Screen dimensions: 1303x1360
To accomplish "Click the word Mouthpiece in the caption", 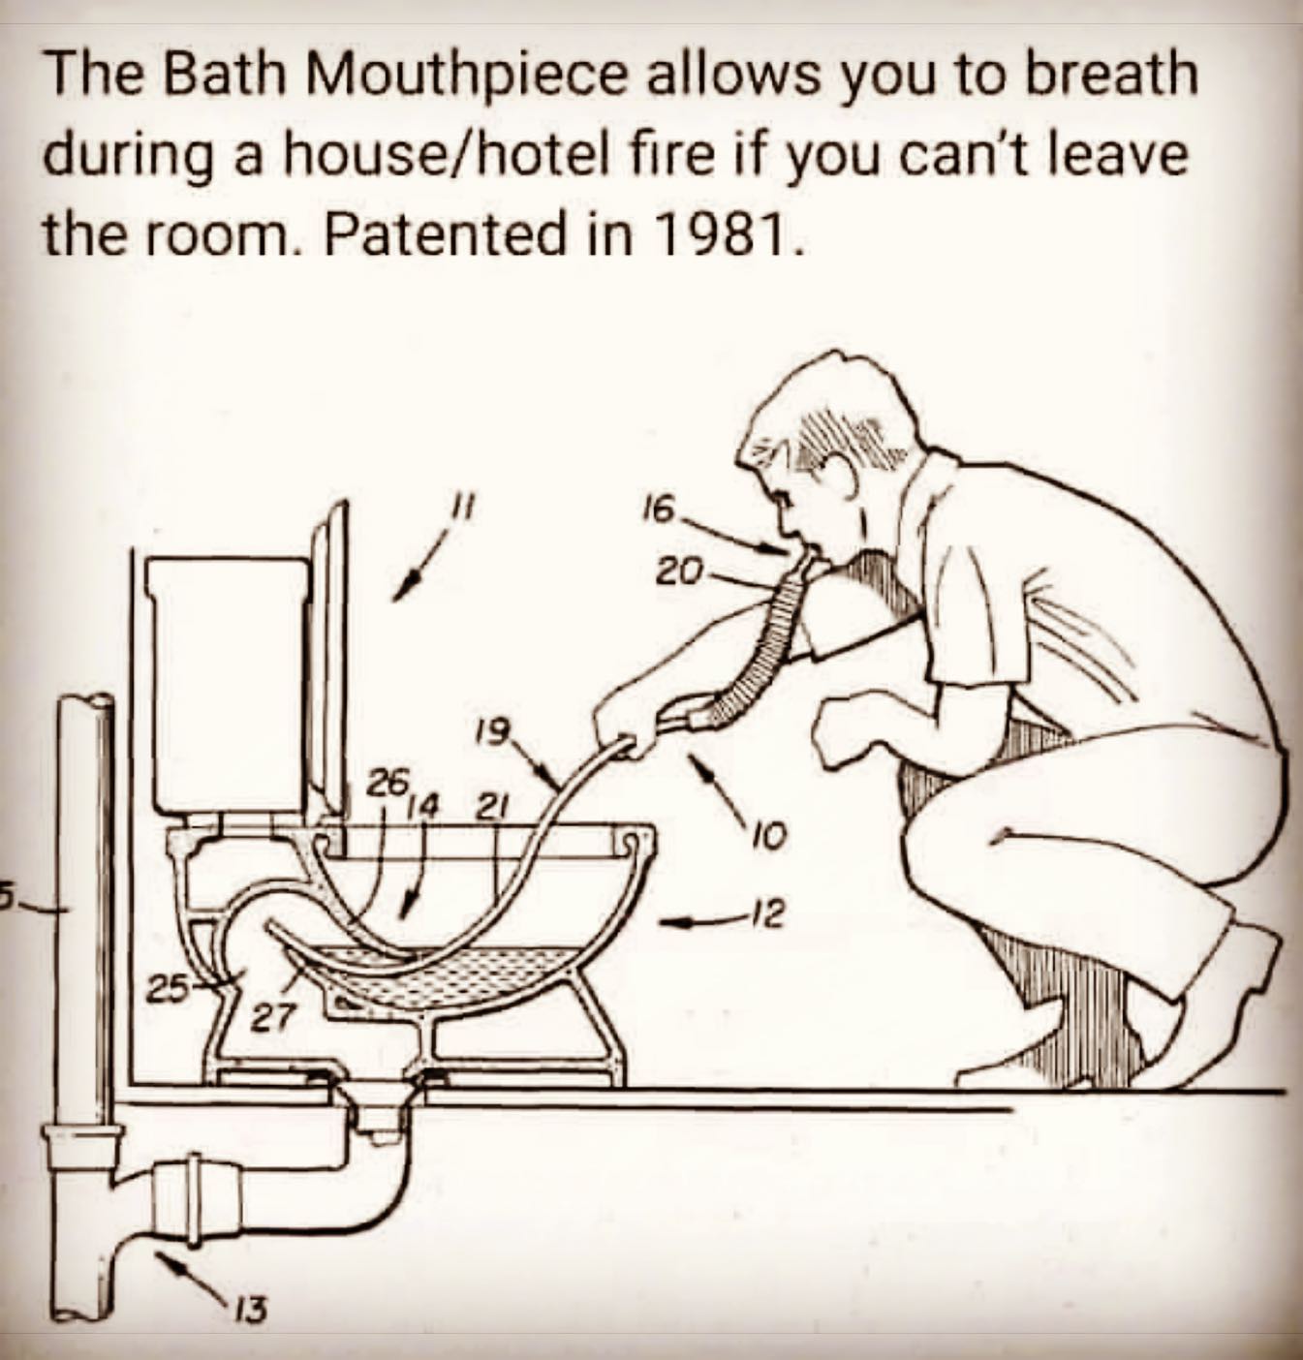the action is pos(461,77).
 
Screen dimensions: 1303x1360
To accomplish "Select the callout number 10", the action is pos(772,832).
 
